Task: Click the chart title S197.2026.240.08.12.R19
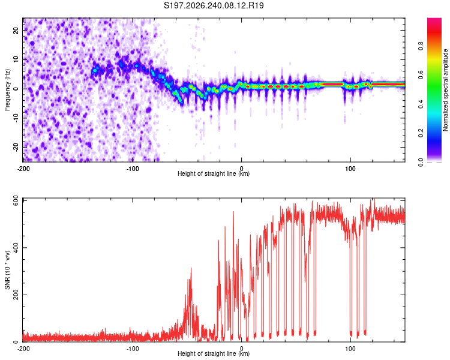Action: pos(214,5)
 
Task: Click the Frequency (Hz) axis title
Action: pos(7,90)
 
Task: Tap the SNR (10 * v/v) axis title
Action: pos(7,270)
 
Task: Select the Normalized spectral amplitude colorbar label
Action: pos(445,90)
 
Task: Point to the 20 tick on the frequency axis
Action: pos(16,30)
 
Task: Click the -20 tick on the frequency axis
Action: pos(16,147)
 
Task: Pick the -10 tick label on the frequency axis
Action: pos(16,118)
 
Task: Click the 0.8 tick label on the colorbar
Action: pos(421,46)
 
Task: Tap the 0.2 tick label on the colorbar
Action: pos(421,133)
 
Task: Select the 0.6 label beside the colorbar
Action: pos(421,75)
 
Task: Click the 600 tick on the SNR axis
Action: pos(16,200)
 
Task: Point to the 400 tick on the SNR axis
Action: pos(16,247)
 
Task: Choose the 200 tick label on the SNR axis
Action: pos(16,295)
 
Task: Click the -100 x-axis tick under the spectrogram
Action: pos(133,169)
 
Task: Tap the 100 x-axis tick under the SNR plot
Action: pos(350,349)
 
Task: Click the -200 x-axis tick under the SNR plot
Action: pos(23,349)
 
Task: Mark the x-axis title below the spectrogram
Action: pos(214,173)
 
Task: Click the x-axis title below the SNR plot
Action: pos(214,353)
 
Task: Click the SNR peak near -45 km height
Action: pos(191,268)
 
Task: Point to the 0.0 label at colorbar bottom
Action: pos(421,163)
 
